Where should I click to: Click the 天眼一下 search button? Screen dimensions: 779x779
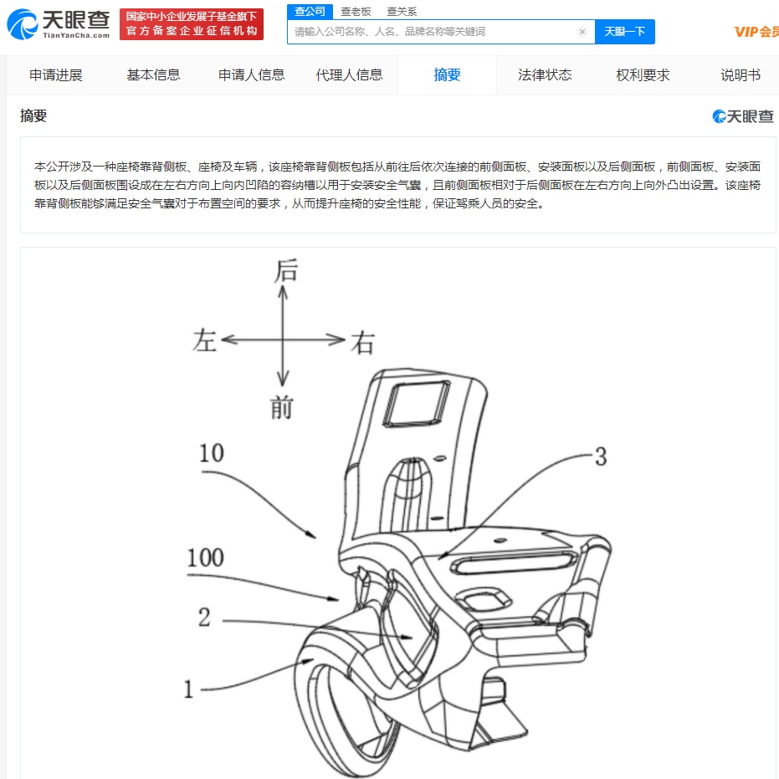point(624,32)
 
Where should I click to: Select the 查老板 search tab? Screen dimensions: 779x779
point(356,12)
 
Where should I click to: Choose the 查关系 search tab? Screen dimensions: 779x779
point(402,12)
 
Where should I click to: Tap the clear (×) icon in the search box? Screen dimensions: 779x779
point(582,32)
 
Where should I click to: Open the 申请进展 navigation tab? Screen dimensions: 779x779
point(55,75)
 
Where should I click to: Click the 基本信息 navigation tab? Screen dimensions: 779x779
point(153,75)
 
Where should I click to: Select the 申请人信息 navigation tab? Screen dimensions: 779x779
point(251,75)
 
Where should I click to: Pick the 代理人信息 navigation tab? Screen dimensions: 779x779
point(349,75)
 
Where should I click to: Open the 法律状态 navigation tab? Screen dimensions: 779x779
point(545,75)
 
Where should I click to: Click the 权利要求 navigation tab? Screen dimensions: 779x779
point(643,75)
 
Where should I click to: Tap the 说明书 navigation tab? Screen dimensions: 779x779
point(741,75)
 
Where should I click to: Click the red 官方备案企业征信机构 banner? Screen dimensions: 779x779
point(192,23)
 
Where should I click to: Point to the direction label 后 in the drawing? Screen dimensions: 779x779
point(286,270)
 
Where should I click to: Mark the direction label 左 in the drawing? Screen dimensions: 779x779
point(205,341)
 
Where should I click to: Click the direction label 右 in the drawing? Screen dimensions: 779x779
point(362,343)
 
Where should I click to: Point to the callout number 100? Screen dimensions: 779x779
point(205,557)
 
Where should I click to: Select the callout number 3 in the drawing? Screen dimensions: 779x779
point(601,456)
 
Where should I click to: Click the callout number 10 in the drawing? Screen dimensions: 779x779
point(212,454)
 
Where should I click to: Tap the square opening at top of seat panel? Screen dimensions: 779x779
point(417,403)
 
